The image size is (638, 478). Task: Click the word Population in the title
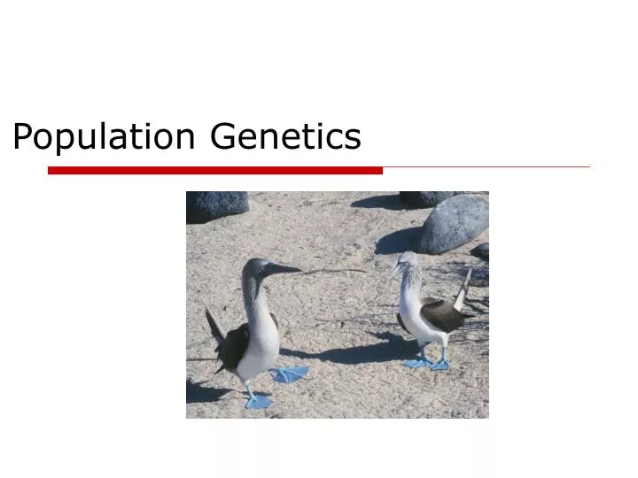coord(104,137)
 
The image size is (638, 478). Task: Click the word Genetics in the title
coord(286,137)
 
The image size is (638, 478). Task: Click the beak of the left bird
coord(284,268)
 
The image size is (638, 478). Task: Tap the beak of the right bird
coord(393,269)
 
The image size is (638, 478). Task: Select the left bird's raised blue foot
coord(291,374)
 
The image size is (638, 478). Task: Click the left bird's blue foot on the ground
coord(258,401)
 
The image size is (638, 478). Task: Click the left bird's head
coord(256,267)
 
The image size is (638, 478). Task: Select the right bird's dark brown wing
coord(442,314)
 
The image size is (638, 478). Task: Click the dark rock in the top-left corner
coord(215,205)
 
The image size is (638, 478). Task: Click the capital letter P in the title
coord(23,137)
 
